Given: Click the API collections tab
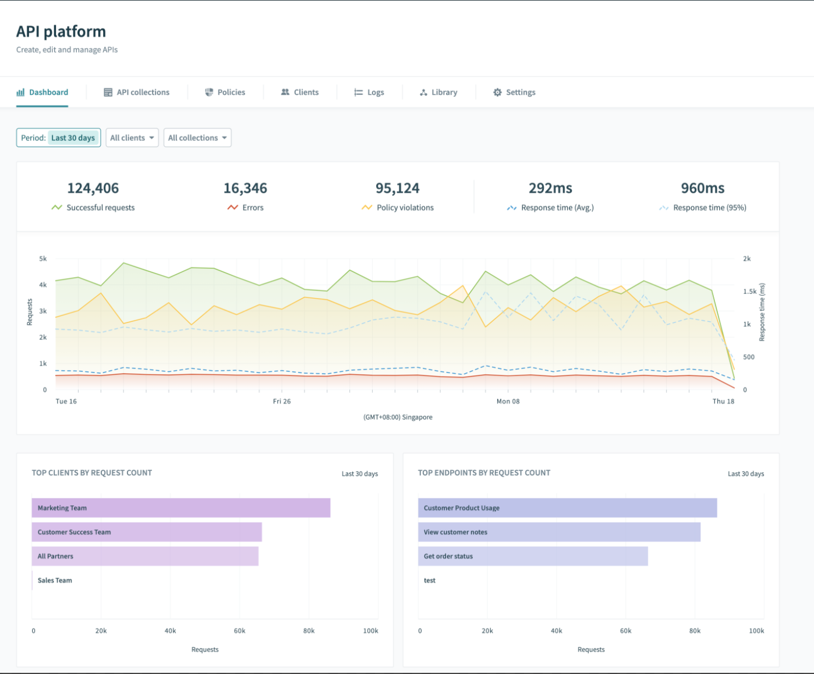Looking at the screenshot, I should coord(137,93).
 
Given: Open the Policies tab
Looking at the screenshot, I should coord(225,93).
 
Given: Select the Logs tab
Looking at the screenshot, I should coord(369,93).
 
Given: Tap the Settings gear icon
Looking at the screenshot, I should coord(497,93).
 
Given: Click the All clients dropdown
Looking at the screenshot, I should coord(132,138).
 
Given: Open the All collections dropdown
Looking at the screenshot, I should coord(197,138).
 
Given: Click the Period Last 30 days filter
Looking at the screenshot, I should coord(58,138).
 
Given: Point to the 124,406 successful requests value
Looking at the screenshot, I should coord(93,189).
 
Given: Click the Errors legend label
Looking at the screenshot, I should coord(253,208).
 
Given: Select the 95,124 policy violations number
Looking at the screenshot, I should coord(398,189).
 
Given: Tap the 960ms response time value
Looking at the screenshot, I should coord(703,189).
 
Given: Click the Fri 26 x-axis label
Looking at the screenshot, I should coord(282,402).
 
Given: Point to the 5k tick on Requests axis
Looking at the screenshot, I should coord(43,259).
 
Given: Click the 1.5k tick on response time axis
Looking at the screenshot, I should coord(750,292).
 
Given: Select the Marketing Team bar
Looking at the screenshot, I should coord(181,508).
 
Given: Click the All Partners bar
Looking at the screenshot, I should coord(145,556).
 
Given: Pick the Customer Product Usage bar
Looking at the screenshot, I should coord(567,508).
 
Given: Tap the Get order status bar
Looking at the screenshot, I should coord(533,556).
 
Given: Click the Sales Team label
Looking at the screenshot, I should coord(55,581).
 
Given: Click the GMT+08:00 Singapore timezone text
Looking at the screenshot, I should coord(398,417).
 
